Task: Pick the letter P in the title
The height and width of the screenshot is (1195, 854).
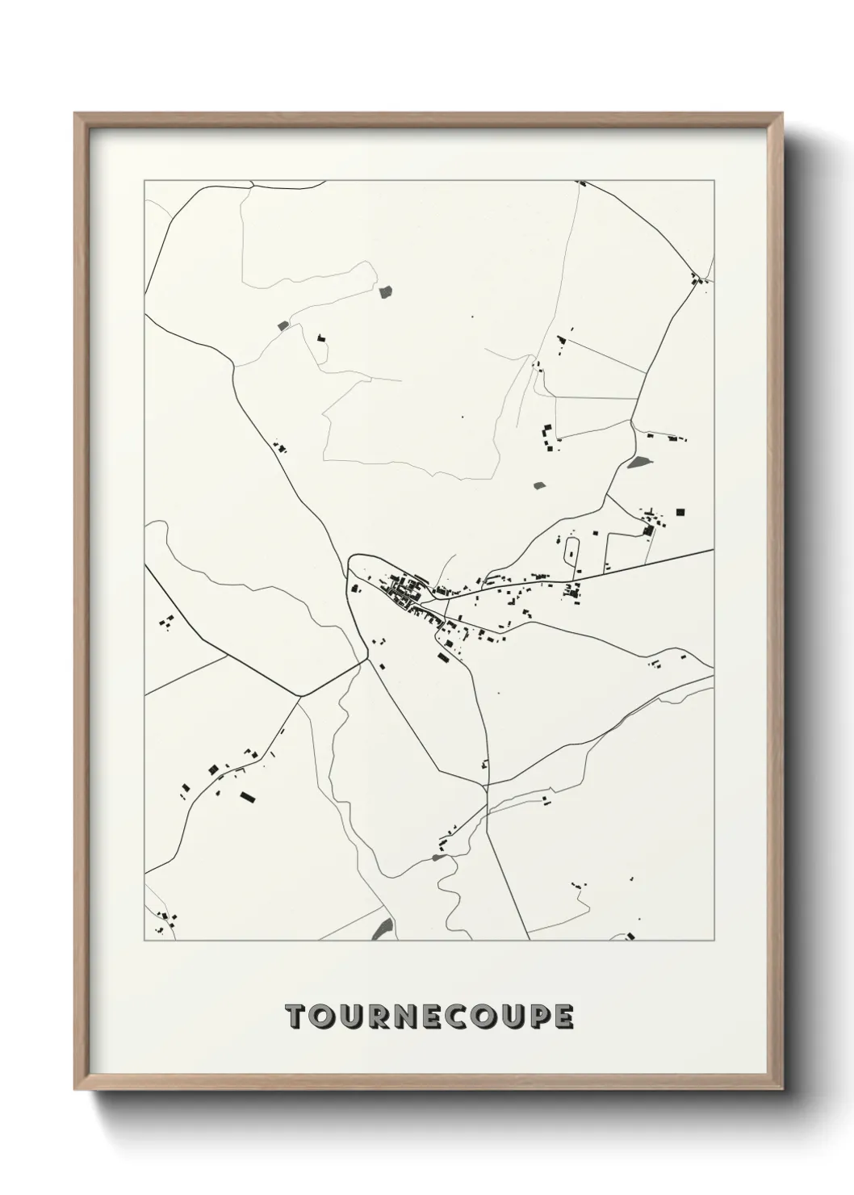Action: [535, 1017]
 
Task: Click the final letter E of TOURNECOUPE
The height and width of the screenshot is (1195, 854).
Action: [563, 1017]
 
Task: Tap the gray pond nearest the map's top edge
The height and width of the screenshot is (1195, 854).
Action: [385, 291]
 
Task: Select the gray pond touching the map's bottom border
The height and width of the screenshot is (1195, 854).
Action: [385, 929]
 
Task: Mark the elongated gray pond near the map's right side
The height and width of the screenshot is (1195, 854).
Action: [639, 463]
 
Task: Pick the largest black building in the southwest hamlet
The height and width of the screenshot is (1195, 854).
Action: [247, 797]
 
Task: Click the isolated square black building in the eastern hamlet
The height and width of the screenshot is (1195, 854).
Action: [680, 511]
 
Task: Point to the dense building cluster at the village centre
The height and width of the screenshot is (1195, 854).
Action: [404, 588]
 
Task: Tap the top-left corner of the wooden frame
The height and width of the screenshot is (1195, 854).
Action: [76, 114]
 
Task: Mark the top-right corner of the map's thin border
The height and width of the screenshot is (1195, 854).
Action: [714, 180]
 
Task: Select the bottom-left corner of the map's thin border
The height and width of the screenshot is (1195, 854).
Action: [144, 941]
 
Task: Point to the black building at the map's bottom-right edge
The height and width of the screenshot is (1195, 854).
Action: [630, 937]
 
